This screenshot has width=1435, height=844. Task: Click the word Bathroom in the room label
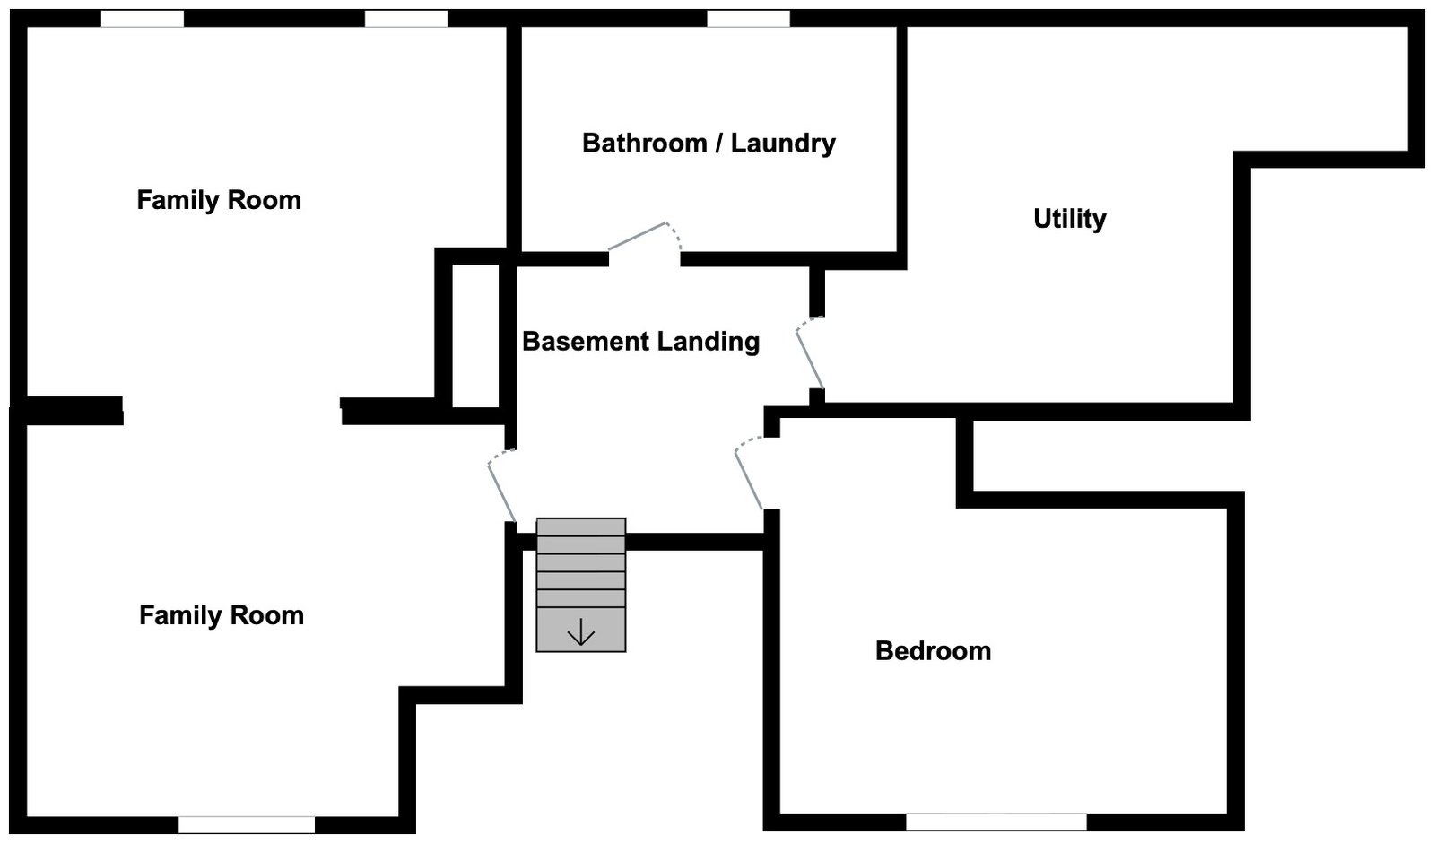tap(645, 143)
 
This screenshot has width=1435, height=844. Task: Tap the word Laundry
tap(783, 143)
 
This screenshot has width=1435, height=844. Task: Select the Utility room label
tap(1069, 218)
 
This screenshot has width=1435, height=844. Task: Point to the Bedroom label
tap(933, 650)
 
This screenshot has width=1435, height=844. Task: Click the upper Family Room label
tap(219, 199)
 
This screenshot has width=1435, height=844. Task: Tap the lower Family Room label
tap(222, 614)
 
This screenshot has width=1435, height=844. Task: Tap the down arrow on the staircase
tap(581, 632)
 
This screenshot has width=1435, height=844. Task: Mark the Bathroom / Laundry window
tap(748, 19)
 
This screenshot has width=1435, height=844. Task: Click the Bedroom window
tap(996, 821)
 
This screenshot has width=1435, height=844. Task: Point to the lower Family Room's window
tap(247, 824)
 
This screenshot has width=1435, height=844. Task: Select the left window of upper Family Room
tap(142, 19)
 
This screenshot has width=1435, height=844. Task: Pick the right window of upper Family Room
tap(405, 19)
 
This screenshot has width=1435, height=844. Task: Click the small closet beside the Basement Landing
tap(475, 335)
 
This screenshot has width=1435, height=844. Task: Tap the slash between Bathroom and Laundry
tap(717, 143)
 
